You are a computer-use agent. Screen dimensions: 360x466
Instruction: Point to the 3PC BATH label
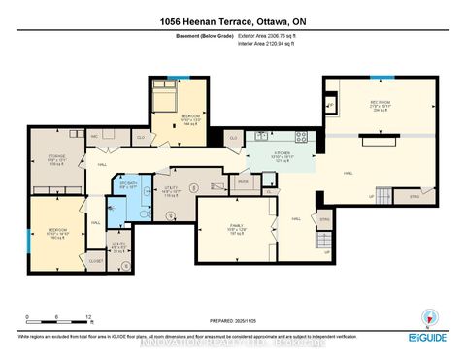coord(128,184)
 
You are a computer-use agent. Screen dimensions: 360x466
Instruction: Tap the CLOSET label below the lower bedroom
coord(95,260)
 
